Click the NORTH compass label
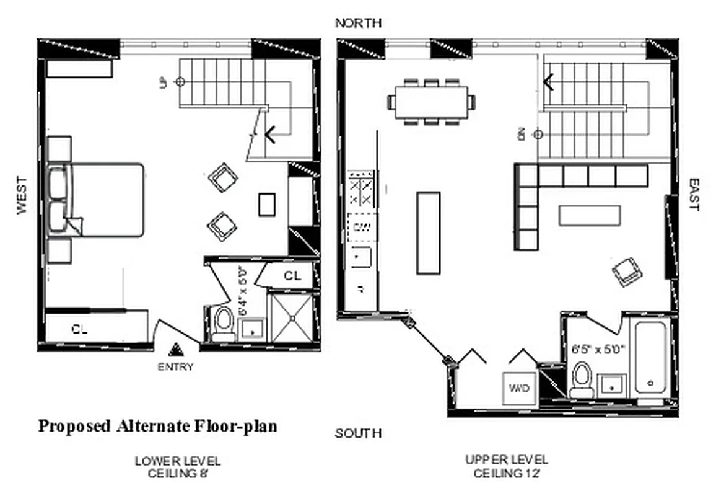[x=358, y=23]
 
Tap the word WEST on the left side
[x=22, y=195]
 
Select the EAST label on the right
[x=693, y=195]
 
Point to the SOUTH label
[x=358, y=433]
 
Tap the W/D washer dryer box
[x=518, y=389]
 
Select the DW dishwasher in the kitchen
[x=362, y=227]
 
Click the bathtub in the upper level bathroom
[x=650, y=356]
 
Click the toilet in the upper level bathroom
[x=582, y=379]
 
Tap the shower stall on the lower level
[x=292, y=318]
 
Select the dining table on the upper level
[x=431, y=102]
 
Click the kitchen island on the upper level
[x=429, y=232]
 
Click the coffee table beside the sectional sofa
[x=589, y=215]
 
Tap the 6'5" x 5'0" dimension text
[x=599, y=348]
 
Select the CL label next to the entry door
[x=79, y=330]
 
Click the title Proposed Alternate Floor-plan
[x=158, y=426]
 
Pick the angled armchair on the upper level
[x=627, y=272]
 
